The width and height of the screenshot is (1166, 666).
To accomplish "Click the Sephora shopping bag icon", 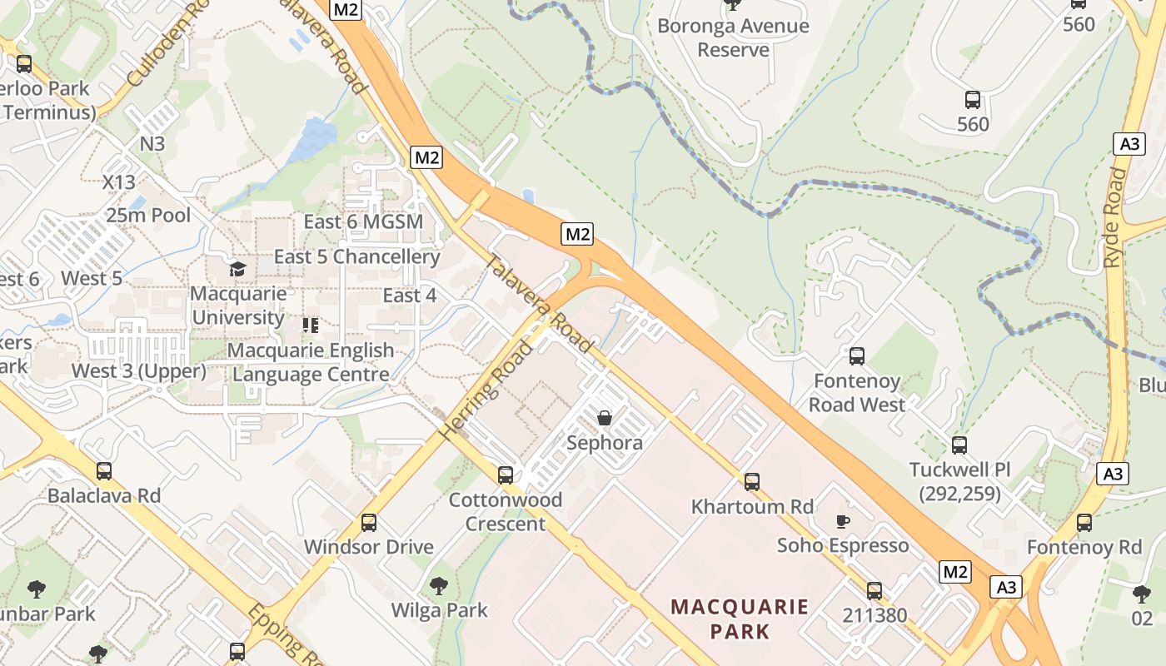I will pyautogui.click(x=605, y=418).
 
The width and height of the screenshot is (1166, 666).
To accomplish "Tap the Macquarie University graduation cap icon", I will pyautogui.click(x=238, y=269).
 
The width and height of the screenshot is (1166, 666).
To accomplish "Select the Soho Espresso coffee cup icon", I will pyautogui.click(x=842, y=521).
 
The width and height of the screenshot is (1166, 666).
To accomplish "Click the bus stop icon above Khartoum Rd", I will pyautogui.click(x=751, y=481).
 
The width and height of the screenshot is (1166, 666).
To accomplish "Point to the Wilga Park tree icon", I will pyautogui.click(x=439, y=586).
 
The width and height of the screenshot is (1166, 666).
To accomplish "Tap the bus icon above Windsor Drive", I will pyautogui.click(x=368, y=523).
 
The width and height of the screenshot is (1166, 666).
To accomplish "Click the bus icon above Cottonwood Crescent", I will pyautogui.click(x=505, y=475).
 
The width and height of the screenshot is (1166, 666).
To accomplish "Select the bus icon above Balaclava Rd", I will pyautogui.click(x=103, y=471).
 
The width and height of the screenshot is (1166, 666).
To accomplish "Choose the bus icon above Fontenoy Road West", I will pyautogui.click(x=856, y=356).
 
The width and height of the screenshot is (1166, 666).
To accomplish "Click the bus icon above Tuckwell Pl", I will pyautogui.click(x=959, y=445).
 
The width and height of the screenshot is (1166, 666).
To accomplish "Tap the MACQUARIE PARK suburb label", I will pyautogui.click(x=740, y=619).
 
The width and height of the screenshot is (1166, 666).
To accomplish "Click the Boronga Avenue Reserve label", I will pyautogui.click(x=733, y=37).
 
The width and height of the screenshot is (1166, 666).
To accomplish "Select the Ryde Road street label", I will pyautogui.click(x=1114, y=218).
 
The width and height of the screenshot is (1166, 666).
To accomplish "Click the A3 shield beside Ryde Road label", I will pyautogui.click(x=1129, y=144).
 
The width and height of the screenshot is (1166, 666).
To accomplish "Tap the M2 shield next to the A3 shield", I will pyautogui.click(x=954, y=572).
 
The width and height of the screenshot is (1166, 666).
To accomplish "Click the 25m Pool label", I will pyautogui.click(x=148, y=216).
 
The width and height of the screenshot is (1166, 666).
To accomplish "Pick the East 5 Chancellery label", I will pyautogui.click(x=356, y=256).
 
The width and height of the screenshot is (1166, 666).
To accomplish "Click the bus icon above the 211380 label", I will pyautogui.click(x=874, y=591).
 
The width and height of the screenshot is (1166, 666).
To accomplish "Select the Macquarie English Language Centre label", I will pyautogui.click(x=311, y=362).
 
